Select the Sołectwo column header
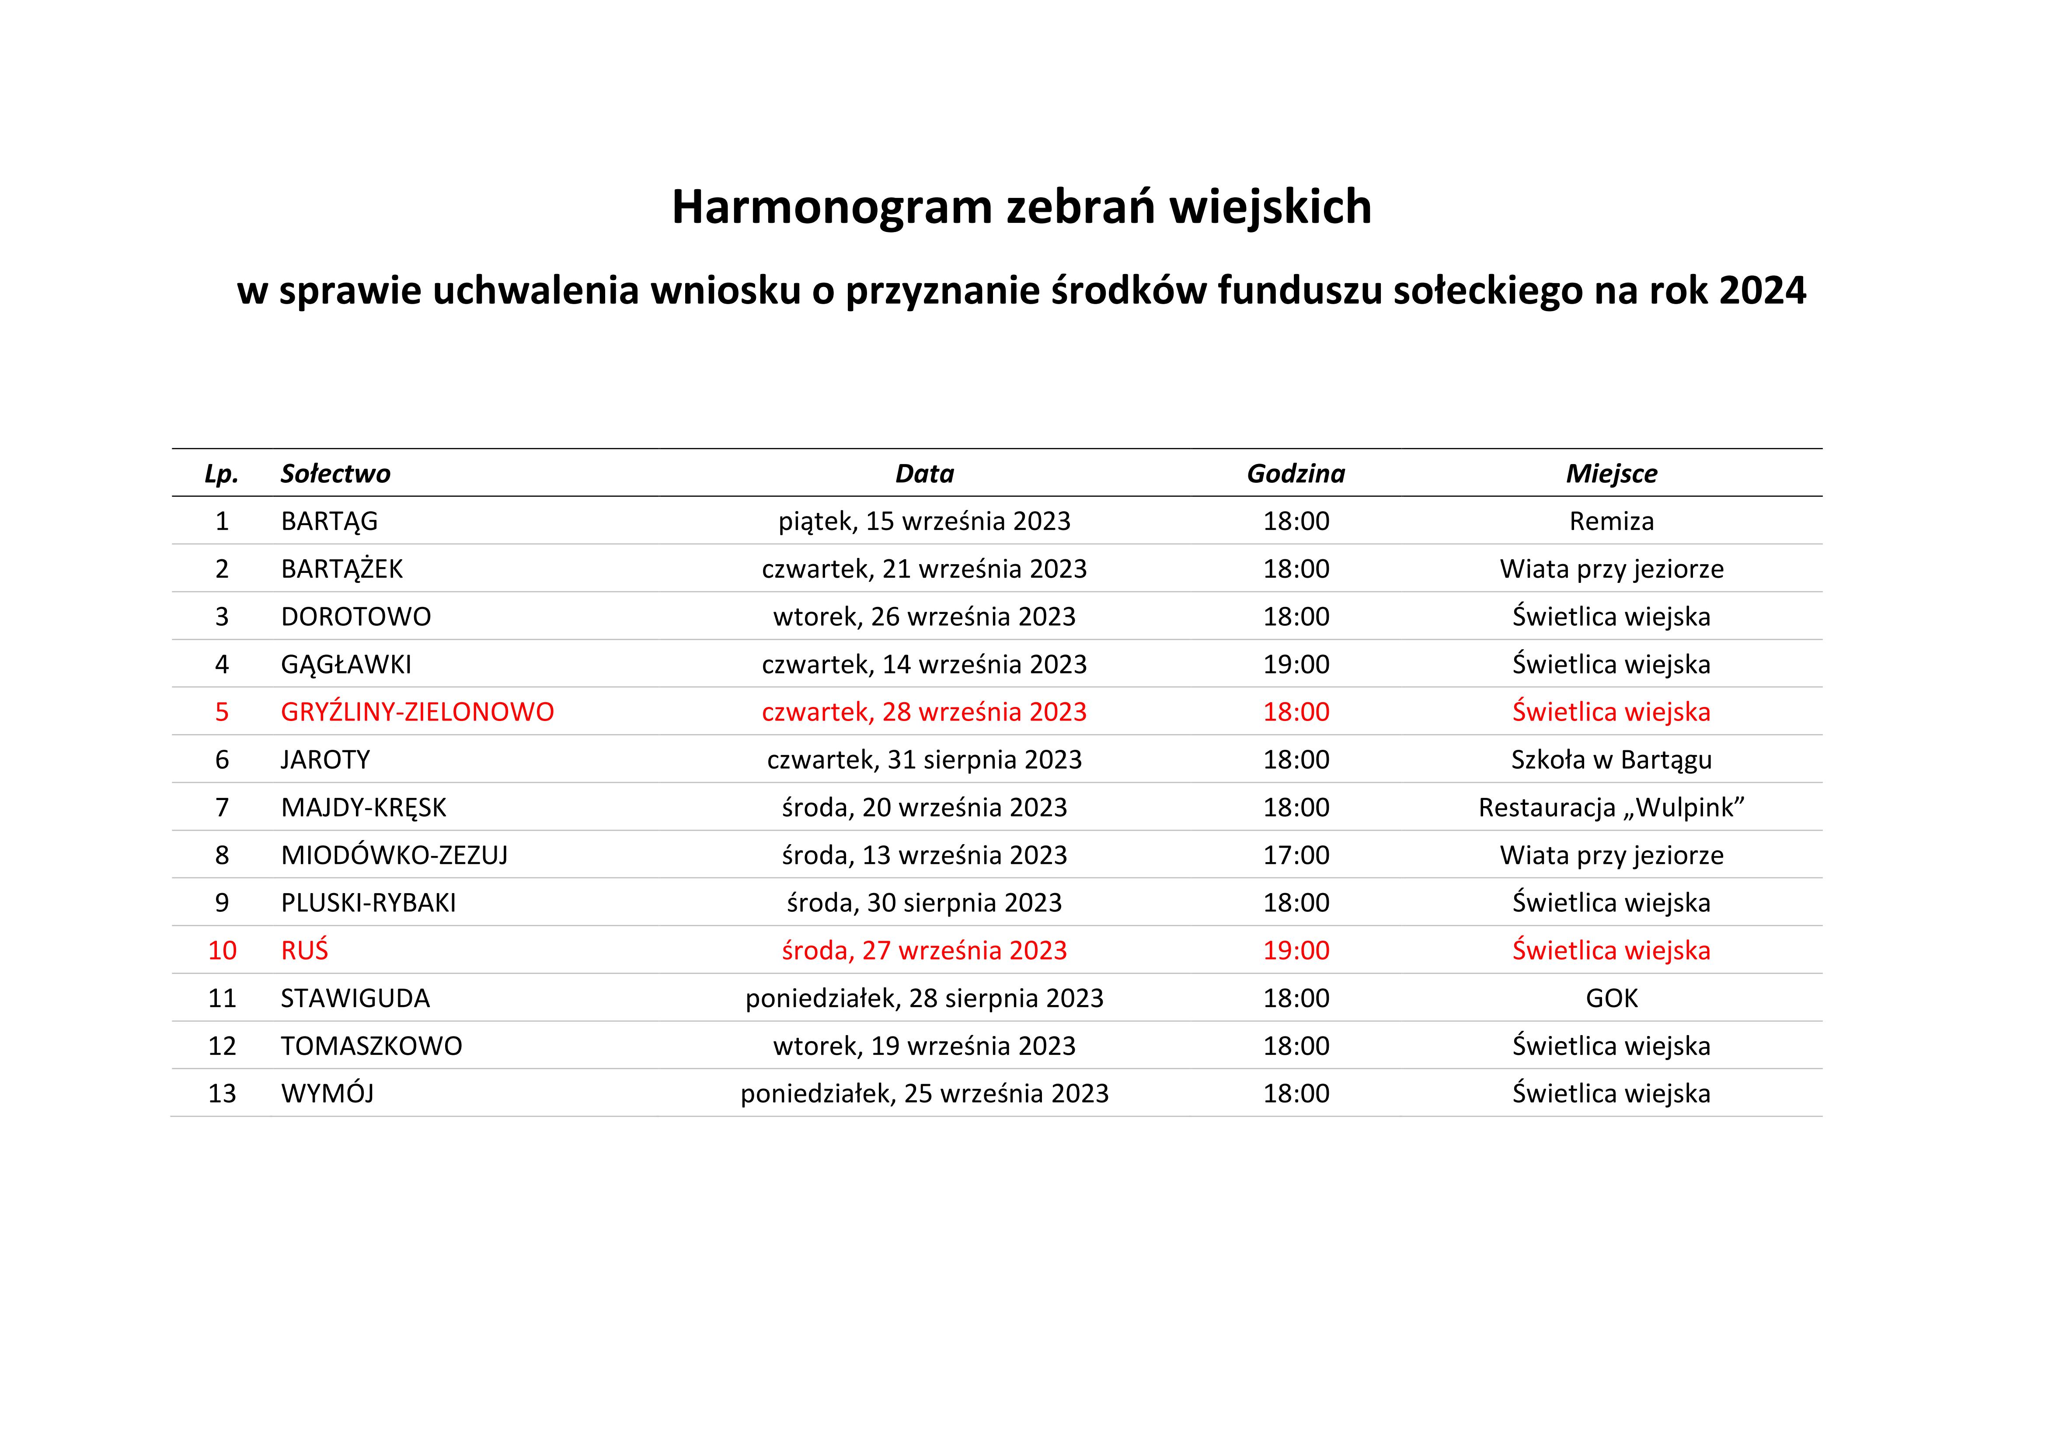point(335,474)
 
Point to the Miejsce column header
point(1611,474)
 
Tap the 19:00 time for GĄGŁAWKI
point(1296,664)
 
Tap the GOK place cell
point(1611,998)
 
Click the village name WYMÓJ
point(327,1093)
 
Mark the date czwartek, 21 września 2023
point(923,569)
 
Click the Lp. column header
point(222,474)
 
